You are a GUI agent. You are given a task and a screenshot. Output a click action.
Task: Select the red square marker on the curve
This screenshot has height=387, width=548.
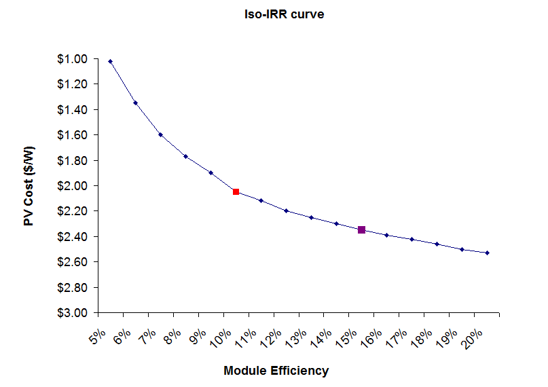pos(236,192)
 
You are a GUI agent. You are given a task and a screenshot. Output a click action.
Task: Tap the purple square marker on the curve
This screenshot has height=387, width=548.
pos(361,230)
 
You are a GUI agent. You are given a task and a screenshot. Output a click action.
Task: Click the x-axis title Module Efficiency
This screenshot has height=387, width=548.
pos(276,371)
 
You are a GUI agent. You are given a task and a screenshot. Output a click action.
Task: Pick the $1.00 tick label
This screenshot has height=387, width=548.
pos(74,59)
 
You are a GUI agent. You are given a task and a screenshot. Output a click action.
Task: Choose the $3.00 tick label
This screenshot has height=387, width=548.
pos(74,313)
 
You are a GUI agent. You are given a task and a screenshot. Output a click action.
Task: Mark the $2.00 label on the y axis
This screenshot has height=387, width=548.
pos(74,186)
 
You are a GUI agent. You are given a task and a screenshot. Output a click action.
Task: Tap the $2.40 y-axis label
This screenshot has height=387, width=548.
pos(74,237)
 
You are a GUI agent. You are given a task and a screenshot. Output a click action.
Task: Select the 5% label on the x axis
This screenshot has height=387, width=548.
pos(97,335)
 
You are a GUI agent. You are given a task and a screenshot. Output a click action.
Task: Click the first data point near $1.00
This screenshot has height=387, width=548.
pos(111,61)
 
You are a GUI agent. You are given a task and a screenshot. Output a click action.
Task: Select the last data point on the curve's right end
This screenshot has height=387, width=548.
pos(487,253)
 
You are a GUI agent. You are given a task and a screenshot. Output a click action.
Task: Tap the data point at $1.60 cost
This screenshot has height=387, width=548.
pos(160,134)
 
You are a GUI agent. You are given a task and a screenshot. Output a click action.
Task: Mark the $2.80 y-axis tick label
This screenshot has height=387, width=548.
pos(74,288)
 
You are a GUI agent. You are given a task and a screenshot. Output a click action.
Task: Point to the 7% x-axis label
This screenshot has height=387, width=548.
pos(147,335)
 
